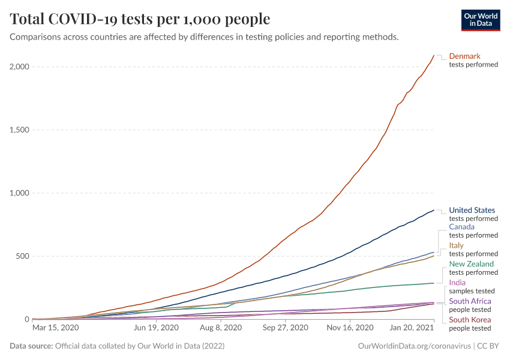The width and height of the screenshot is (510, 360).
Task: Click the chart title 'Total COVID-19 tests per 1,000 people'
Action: coord(140,19)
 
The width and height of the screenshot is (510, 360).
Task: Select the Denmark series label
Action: coord(464,56)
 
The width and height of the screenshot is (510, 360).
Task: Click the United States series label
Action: coord(472,210)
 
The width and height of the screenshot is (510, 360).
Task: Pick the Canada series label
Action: coord(461,227)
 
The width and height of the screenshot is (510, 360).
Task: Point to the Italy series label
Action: coord(456,245)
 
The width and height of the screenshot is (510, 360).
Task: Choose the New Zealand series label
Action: coord(471,264)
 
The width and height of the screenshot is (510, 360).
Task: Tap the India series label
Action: coord(457,283)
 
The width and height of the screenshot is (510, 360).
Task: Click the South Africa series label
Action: coord(470,301)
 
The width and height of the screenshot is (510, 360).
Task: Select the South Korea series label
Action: coord(470,320)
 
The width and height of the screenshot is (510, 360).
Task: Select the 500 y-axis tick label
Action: coord(22,256)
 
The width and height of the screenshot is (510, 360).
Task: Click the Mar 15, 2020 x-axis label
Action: coord(55,328)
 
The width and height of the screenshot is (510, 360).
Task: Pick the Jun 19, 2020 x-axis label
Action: coord(155,328)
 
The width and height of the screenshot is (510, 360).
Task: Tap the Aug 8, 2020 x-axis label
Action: coord(221,328)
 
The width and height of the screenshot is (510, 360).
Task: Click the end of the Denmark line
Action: coord(434,55)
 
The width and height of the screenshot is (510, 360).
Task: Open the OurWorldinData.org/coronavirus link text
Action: coord(413,346)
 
